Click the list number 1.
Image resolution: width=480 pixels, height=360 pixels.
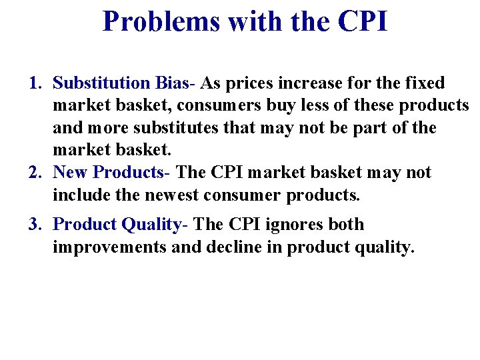click(x=35, y=83)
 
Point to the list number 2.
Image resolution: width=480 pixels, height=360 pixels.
click(x=35, y=173)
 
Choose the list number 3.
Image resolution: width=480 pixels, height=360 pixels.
click(x=35, y=225)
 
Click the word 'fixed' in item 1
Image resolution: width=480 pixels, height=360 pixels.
click(x=424, y=83)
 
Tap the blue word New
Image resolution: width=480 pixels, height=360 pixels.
click(x=71, y=173)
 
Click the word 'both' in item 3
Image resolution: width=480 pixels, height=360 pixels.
click(x=346, y=225)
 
